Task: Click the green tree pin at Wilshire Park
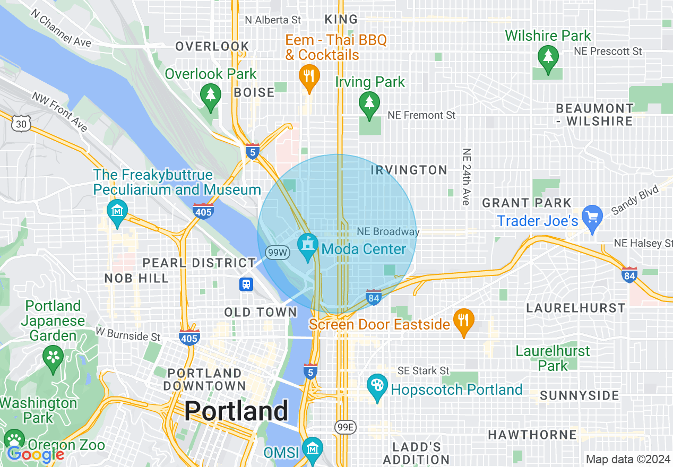click(x=547, y=58)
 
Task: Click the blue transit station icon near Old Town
click(x=246, y=284)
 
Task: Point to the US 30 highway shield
click(x=21, y=124)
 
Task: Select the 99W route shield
click(x=277, y=253)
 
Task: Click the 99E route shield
click(x=346, y=427)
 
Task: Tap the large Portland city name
click(x=237, y=411)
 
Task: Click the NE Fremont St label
click(x=421, y=115)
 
